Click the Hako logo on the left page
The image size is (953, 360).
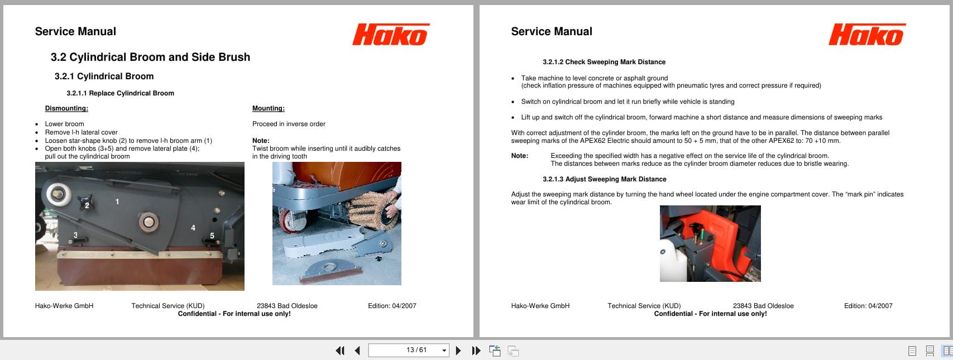390,35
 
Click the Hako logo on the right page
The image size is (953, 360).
866,35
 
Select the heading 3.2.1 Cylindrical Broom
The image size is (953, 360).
104,76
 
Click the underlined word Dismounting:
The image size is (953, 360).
66,108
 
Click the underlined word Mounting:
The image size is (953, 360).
268,108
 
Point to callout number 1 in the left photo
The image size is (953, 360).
117,201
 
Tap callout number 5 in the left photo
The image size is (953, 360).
212,236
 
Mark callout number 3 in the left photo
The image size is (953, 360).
75,235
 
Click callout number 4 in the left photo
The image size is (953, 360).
193,228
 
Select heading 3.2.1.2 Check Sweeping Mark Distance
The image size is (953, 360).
604,62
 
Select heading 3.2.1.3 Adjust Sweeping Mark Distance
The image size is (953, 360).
604,179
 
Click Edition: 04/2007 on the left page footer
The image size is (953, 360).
392,306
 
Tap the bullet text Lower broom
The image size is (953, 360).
64,124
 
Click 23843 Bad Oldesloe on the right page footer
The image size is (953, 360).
763,306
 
